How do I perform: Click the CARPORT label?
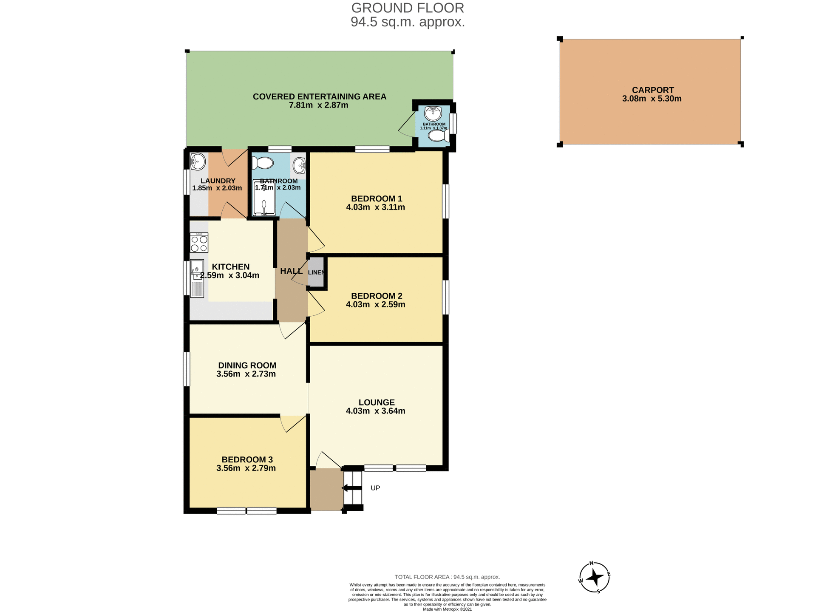(652, 90)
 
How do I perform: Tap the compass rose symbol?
(594, 577)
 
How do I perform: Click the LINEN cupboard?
(316, 272)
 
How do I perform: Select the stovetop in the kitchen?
(199, 243)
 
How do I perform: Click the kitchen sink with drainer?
(197, 278)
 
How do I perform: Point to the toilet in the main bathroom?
(263, 163)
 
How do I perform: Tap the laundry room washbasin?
(198, 161)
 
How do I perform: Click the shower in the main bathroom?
(264, 198)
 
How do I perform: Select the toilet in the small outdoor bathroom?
(438, 136)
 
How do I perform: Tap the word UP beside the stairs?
(375, 488)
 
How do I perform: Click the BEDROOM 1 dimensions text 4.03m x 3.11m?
(375, 207)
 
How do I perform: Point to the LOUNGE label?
(377, 402)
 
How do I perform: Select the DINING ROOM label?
(247, 365)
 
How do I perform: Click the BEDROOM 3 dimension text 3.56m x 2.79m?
(246, 468)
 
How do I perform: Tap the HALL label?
(291, 271)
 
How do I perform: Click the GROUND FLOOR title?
(408, 8)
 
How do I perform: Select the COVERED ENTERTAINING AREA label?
(319, 96)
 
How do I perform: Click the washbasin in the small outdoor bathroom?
(433, 113)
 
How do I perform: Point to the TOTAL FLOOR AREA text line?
(447, 577)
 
